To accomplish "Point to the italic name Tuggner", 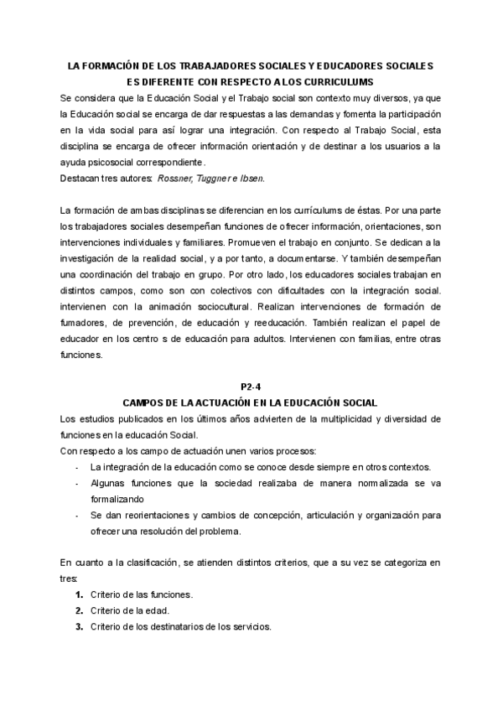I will pyautogui.click(x=222, y=177).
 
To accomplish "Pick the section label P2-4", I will pyautogui.click(x=251, y=387).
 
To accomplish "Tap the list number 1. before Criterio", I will pyautogui.click(x=80, y=594).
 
